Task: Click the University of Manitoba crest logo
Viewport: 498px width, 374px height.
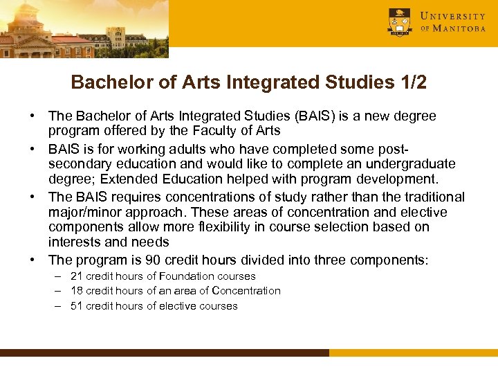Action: point(400,21)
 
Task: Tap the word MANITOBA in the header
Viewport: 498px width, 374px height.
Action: point(459,29)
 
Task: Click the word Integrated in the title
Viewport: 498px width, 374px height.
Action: point(262,82)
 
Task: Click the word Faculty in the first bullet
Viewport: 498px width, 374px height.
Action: point(213,131)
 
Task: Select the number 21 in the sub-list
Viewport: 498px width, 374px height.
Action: point(77,276)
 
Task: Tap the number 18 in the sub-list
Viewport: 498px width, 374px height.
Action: point(77,291)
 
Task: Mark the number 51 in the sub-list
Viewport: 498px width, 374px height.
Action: point(77,306)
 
